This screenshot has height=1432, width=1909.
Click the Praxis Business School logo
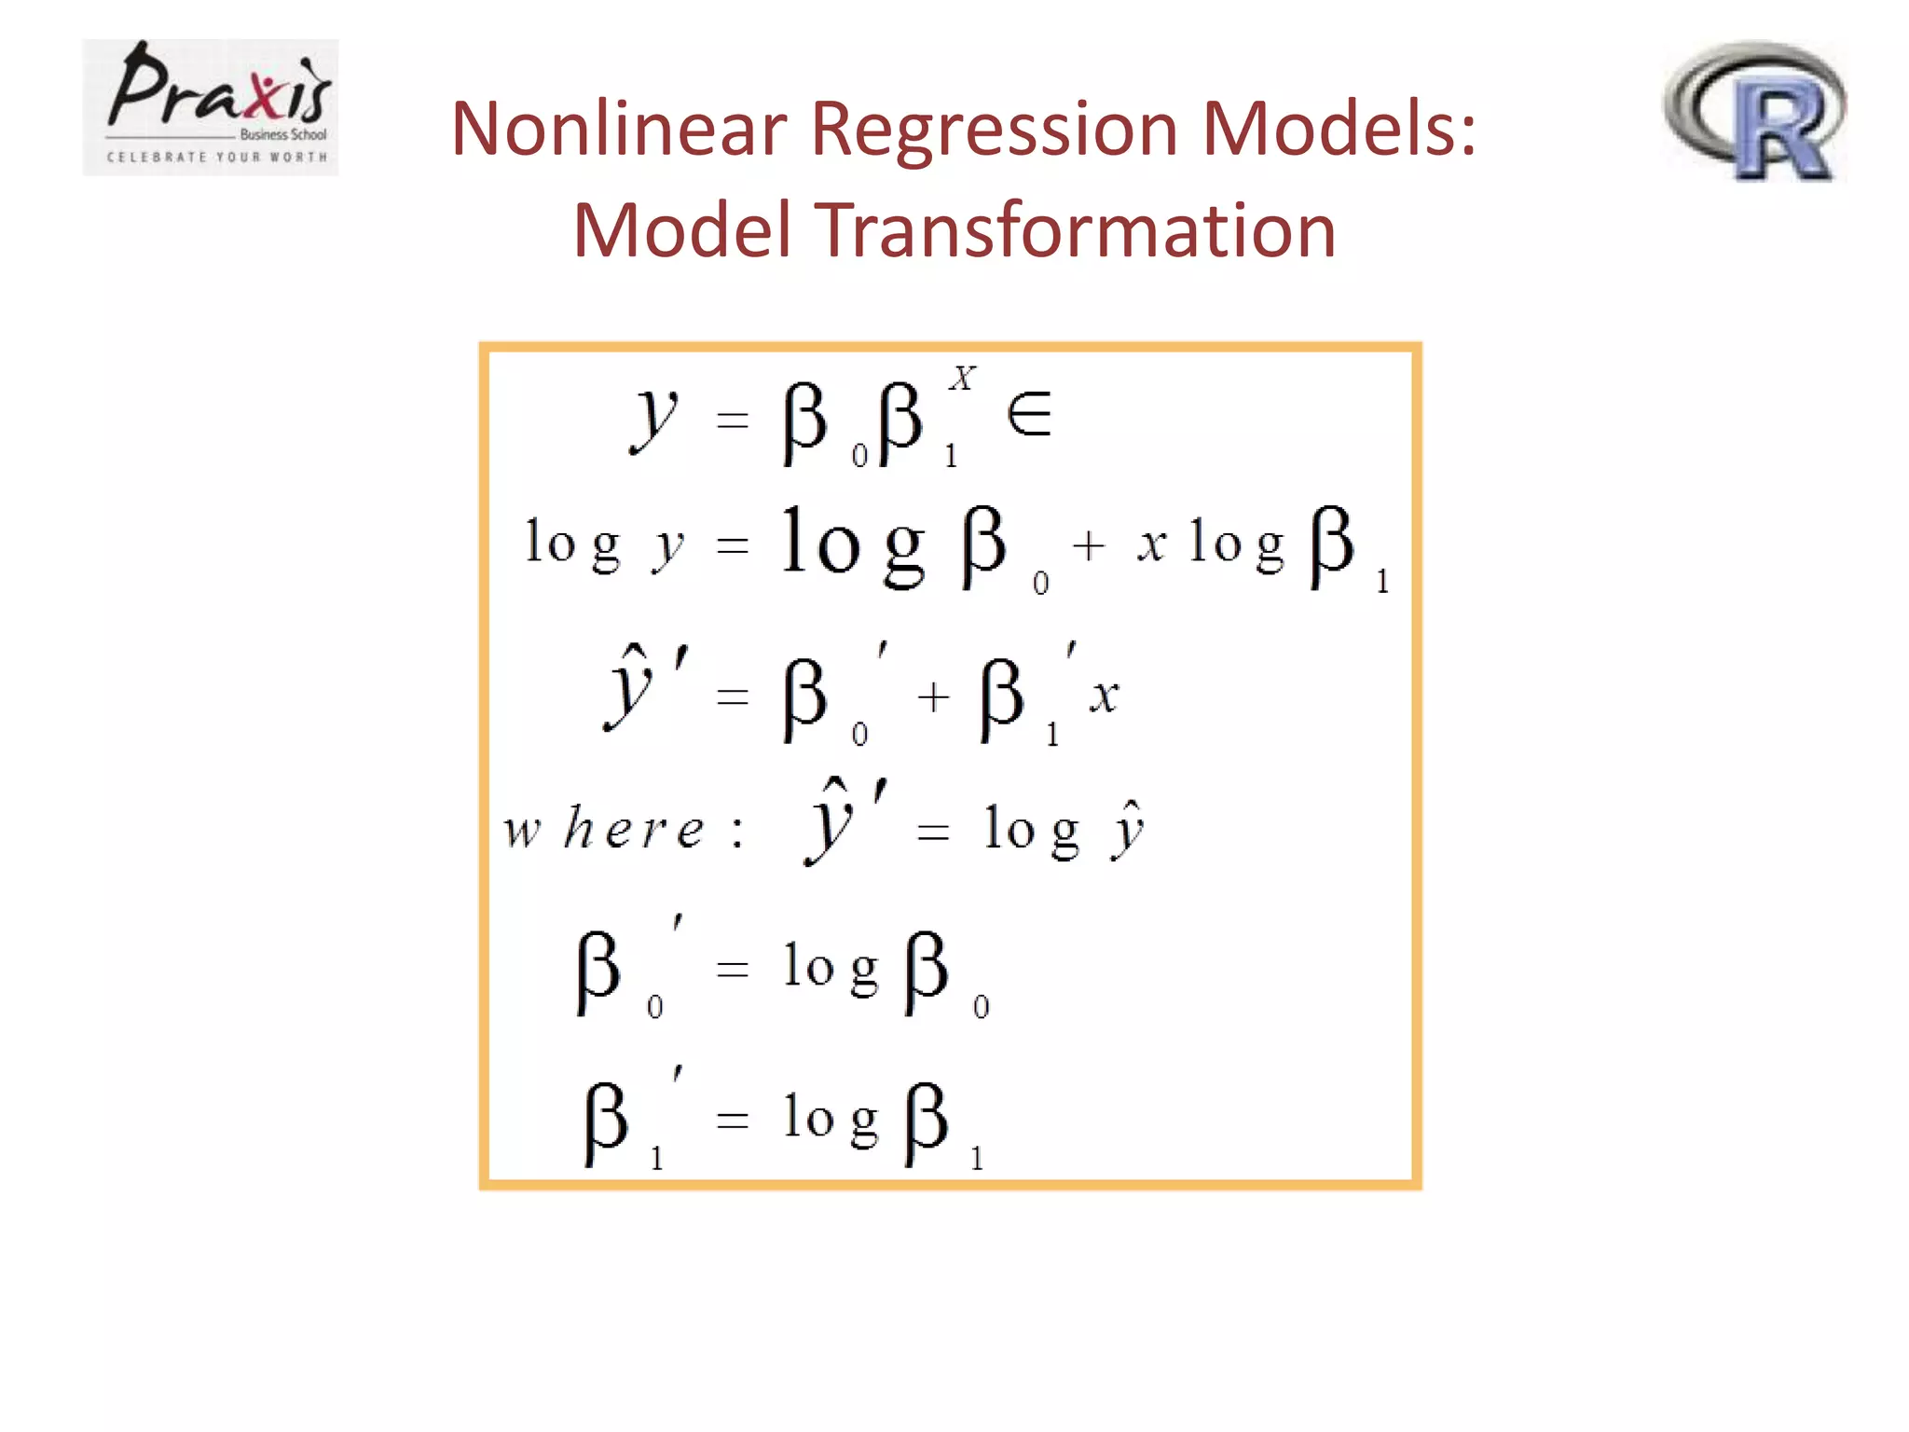[x=210, y=106]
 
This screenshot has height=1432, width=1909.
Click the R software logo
[x=1754, y=112]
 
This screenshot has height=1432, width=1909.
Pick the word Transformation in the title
[x=1077, y=231]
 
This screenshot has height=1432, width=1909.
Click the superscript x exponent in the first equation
[x=962, y=378]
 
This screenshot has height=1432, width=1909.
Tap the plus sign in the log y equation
[x=1088, y=545]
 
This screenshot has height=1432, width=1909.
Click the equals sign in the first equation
[x=733, y=420]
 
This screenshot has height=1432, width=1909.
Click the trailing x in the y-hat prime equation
[x=1104, y=695]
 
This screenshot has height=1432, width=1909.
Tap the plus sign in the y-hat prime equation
[x=933, y=696]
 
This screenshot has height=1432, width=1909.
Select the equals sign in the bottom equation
[x=733, y=1119]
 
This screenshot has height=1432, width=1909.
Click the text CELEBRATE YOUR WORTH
[x=217, y=157]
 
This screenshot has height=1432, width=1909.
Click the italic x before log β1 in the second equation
[x=1151, y=544]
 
